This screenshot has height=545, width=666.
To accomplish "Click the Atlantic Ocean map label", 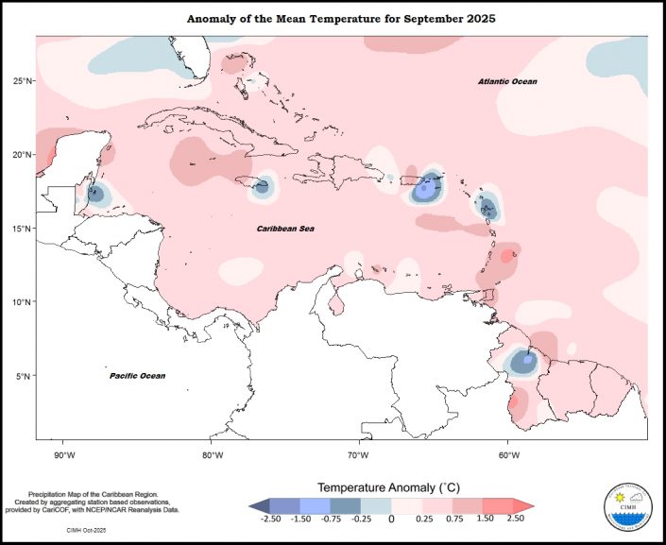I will click(x=506, y=82).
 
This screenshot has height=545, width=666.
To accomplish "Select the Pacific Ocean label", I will click(x=137, y=376).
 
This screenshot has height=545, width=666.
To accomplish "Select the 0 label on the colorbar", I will click(x=391, y=519).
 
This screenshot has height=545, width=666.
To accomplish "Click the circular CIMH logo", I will click(x=626, y=511).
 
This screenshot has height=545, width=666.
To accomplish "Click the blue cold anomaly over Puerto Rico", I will click(x=428, y=189).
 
